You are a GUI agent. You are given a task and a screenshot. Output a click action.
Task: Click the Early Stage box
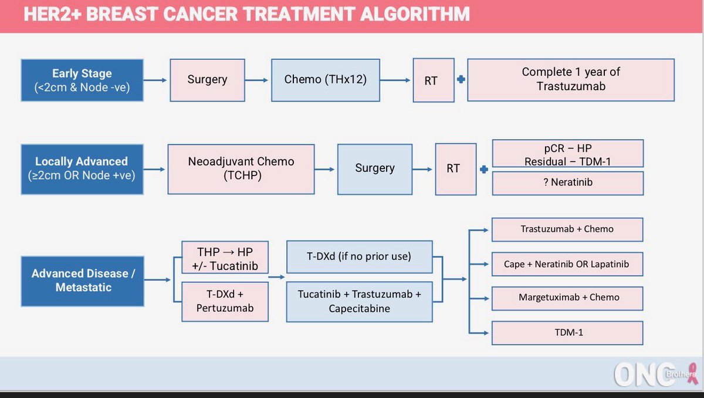click(82, 80)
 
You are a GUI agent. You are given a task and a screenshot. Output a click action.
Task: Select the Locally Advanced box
click(82, 168)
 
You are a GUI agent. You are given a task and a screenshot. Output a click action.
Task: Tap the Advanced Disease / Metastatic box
click(82, 281)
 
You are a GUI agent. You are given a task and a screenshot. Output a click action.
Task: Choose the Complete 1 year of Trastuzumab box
click(571, 79)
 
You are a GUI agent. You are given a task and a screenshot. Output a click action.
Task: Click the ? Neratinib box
click(567, 183)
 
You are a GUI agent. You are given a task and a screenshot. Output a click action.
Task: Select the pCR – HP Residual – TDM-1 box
click(567, 153)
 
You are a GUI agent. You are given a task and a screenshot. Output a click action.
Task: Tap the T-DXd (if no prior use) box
click(359, 257)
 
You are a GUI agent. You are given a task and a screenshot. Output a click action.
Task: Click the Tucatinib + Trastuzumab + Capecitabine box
click(359, 302)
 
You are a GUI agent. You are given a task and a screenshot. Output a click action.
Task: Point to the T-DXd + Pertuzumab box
click(225, 301)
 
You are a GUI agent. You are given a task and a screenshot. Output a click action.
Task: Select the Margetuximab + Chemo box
click(567, 297)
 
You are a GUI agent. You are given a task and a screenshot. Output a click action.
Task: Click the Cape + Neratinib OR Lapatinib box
click(567, 264)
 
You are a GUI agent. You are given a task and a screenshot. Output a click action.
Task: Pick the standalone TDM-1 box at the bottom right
click(567, 332)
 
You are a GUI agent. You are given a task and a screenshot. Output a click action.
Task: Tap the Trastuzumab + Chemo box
click(567, 230)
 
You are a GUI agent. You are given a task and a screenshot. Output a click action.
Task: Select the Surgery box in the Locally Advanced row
click(375, 168)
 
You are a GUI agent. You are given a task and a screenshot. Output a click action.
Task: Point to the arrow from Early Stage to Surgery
click(155, 80)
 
